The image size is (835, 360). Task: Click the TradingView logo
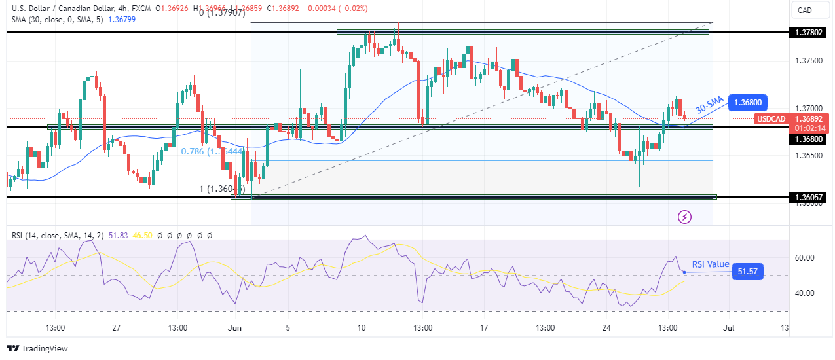(x=37, y=348)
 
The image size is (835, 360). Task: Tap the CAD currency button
(x=805, y=10)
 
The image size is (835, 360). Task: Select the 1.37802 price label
(x=805, y=32)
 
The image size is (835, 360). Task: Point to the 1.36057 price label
(x=805, y=197)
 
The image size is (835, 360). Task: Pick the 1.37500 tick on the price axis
(x=804, y=61)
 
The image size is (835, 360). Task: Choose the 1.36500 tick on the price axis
(x=804, y=156)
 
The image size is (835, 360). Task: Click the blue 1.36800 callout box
(x=747, y=103)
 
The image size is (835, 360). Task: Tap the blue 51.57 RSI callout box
(x=748, y=271)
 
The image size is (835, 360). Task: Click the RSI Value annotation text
(x=711, y=264)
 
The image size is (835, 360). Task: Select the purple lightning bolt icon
(x=684, y=217)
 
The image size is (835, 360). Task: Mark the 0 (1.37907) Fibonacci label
(x=223, y=13)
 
